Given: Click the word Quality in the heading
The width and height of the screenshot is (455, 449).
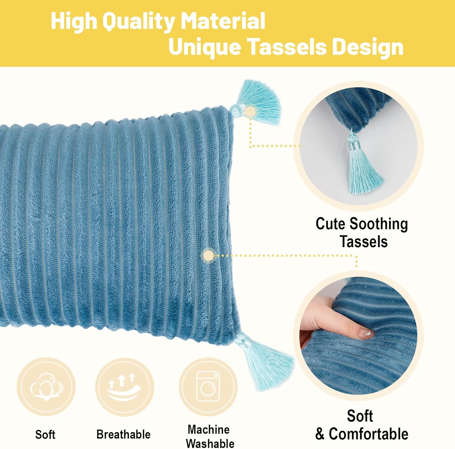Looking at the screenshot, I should [138, 21].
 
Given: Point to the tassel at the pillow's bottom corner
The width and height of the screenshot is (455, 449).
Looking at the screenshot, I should [267, 361].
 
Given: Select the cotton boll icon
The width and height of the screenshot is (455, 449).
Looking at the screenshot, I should [46, 387].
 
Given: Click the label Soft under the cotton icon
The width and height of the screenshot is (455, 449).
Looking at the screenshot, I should [45, 434].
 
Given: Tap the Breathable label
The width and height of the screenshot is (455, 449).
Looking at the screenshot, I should [123, 434].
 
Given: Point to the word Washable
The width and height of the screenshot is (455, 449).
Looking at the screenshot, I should [210, 444].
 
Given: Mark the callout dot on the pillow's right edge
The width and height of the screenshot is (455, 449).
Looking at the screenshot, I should [209, 256].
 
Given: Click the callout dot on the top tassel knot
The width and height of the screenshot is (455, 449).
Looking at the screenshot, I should [251, 112].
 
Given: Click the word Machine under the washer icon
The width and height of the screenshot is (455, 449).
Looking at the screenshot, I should [208, 430].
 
